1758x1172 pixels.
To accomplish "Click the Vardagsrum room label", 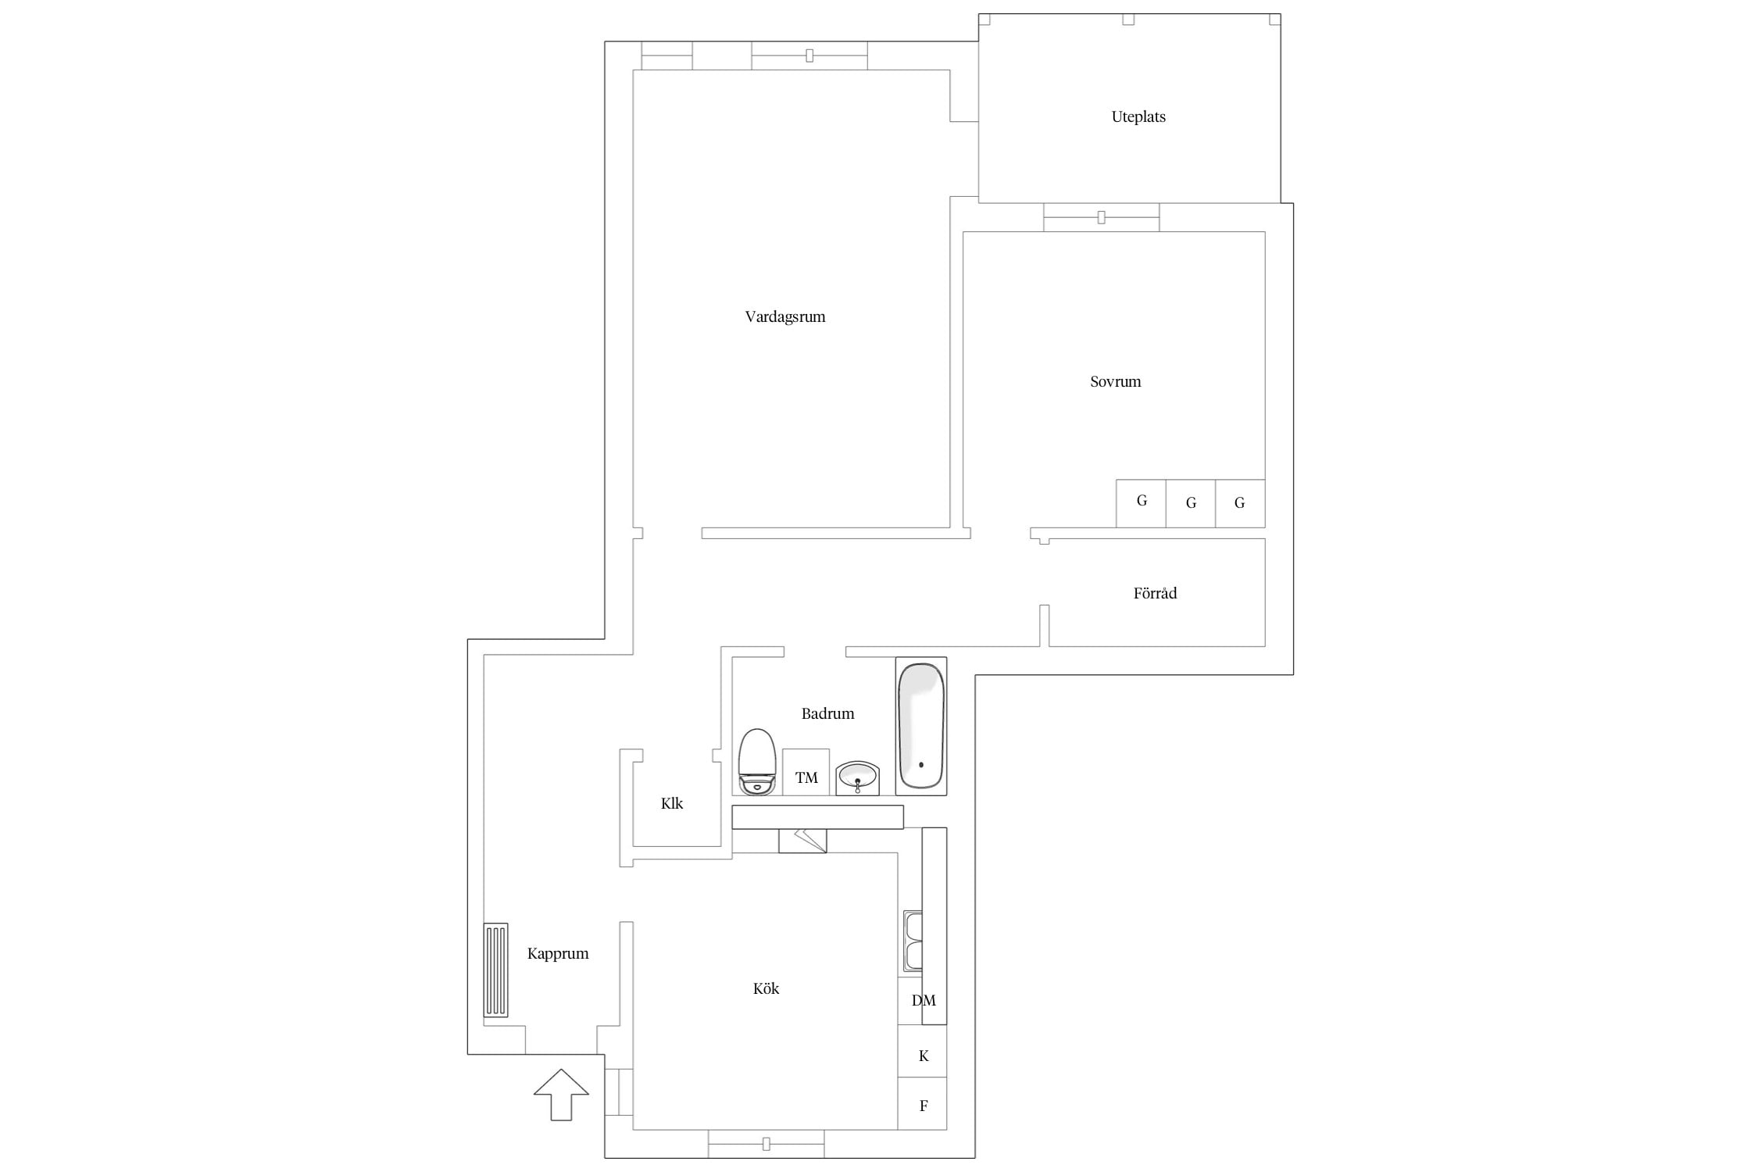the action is pos(785,317).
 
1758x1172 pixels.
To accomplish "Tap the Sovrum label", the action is pos(1116,382).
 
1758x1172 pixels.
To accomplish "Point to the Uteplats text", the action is pos(1138,117).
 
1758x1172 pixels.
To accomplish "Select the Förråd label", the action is pos(1155,593).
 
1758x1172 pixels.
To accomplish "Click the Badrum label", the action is pos(828,713).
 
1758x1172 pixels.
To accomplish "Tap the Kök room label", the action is pos(766,988).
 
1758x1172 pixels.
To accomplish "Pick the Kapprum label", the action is pos(558,954).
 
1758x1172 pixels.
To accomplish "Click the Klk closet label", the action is pos(672,803).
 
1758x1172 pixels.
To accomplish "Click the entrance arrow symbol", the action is pos(561,1094).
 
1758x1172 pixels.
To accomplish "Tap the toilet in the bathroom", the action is pos(757,762).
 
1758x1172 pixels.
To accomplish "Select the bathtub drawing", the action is pos(921,726).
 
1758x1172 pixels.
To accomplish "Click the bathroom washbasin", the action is pos(857,778).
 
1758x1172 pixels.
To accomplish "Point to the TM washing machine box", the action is pos(806,773).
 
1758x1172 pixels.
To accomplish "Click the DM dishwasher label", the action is pos(924,1000).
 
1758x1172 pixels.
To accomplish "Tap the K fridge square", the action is pos(923,1052).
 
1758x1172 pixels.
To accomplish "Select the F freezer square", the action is pos(923,1104).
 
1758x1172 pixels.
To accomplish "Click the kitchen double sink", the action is pos(913,941).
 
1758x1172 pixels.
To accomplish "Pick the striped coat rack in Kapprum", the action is pos(496,970).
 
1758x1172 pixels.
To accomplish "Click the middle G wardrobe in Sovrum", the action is pos(1191,503).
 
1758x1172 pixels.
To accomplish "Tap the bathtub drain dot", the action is pos(921,765).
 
